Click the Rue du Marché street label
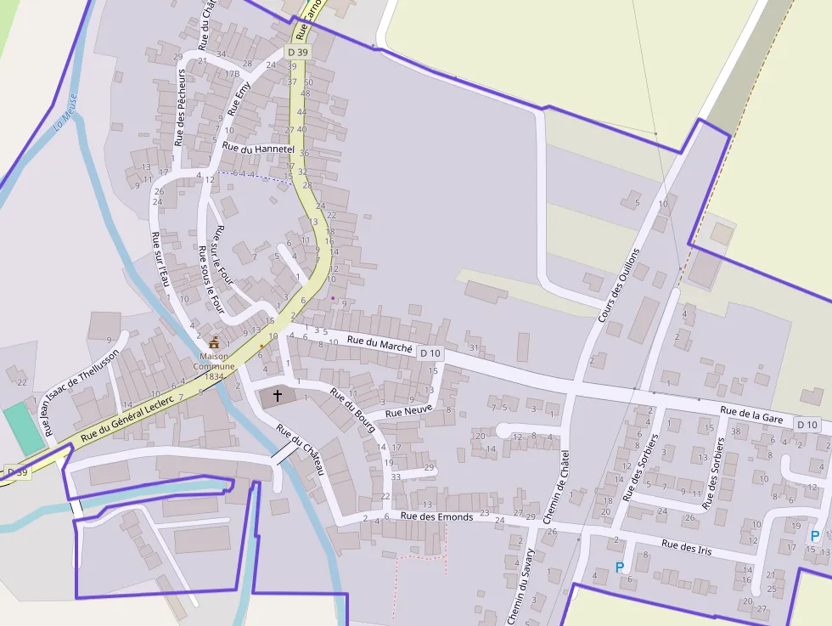pos(379,344)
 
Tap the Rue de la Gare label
pos(751,415)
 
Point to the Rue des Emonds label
pos(435,516)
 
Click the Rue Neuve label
pos(408,412)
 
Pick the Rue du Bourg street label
pos(352,410)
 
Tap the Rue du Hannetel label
pos(257,148)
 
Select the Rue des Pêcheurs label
pos(180,108)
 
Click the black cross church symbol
pos(277,395)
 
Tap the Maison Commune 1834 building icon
pos(214,343)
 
